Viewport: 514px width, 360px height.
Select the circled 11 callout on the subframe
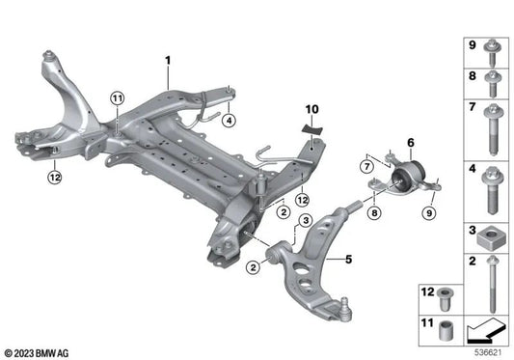pyautogui.click(x=117, y=98)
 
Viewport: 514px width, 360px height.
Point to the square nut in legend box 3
pyautogui.click(x=491, y=235)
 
